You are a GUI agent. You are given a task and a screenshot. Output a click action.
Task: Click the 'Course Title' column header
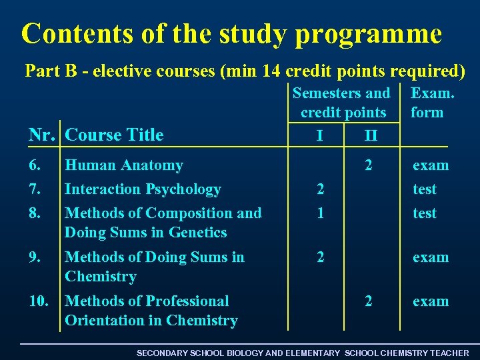(x=114, y=135)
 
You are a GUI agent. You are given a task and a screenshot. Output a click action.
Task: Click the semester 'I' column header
(x=321, y=136)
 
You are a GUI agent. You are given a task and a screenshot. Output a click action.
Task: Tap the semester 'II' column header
(x=371, y=136)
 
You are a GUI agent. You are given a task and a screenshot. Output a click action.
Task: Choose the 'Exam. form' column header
(x=432, y=103)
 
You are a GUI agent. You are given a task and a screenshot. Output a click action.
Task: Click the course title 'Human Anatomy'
(x=123, y=165)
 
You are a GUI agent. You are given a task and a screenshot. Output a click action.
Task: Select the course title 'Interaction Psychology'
(x=142, y=189)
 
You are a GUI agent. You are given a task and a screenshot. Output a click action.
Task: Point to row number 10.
(x=39, y=301)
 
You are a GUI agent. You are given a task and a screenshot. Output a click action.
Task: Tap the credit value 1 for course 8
(x=321, y=213)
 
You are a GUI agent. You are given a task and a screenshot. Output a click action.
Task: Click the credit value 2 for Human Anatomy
(x=368, y=165)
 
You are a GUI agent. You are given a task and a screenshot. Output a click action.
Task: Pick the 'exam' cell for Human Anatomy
(x=430, y=165)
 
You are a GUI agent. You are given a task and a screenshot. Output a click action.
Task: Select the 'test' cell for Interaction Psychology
(x=424, y=189)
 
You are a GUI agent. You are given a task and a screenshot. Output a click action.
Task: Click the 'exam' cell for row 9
(x=430, y=257)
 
